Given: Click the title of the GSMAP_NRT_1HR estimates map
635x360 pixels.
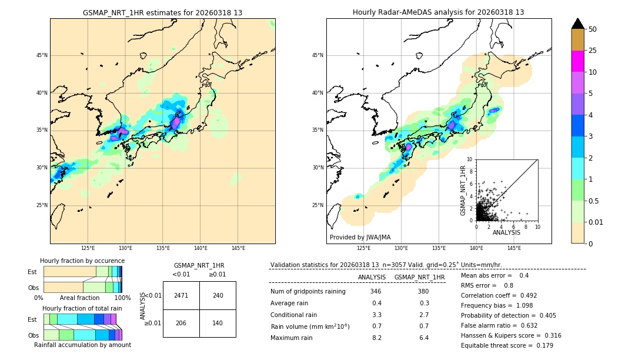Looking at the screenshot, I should [162, 12].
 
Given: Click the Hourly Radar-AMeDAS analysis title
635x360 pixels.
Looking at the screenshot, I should [438, 12].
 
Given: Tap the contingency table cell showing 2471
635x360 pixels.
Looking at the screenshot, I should [181, 295].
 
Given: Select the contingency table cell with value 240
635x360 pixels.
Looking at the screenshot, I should [218, 295].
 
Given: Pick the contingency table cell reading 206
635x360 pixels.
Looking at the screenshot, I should [181, 323].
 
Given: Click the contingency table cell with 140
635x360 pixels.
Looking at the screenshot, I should [218, 323].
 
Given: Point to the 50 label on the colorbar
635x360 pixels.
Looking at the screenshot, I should [593, 29].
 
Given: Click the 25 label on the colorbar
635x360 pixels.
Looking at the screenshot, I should [593, 51].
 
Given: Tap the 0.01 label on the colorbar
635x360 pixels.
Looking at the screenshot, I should [596, 222].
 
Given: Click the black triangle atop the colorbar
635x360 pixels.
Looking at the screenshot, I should [578, 24].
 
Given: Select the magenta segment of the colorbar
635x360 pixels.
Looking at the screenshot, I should [578, 61].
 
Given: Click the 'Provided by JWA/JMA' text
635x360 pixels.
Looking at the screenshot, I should [360, 238].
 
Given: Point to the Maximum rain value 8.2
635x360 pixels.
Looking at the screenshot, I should [376, 338].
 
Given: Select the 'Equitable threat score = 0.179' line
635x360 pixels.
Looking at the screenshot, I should [507, 345].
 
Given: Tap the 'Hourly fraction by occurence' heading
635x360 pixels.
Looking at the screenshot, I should [82, 261].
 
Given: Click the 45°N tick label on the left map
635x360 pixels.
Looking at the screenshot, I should [42, 55].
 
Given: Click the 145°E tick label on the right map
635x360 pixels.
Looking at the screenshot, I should [514, 248].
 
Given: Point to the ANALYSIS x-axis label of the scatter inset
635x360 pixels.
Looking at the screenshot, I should [506, 232].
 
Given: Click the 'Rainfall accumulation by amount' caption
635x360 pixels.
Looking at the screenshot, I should [82, 345].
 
